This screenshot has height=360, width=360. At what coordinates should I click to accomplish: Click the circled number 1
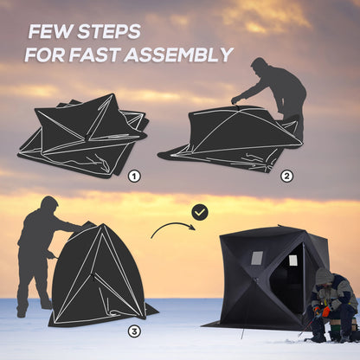pos(134,176)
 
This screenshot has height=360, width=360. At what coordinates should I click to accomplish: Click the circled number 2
pos(287,176)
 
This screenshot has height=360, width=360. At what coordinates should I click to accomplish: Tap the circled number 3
pos(134,330)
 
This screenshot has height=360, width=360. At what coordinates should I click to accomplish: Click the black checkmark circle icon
pos(200,211)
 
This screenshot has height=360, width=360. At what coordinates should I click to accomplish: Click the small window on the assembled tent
pos(257,257)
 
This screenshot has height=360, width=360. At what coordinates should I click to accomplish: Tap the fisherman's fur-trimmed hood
pos(324,277)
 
